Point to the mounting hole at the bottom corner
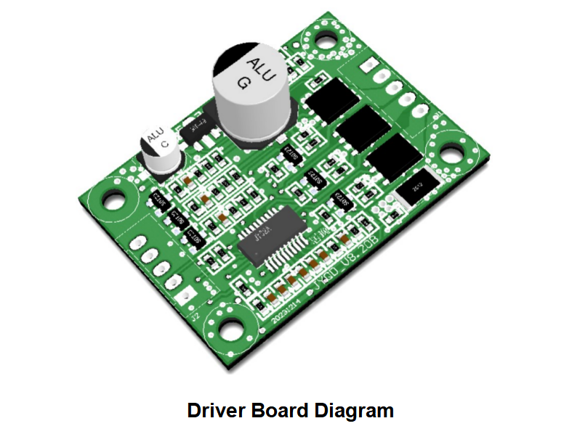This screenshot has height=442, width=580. click(x=231, y=327)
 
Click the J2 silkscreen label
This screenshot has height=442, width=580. click(x=194, y=316)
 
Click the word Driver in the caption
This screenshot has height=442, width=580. click(x=217, y=410)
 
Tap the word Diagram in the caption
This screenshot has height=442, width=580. click(x=354, y=410)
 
